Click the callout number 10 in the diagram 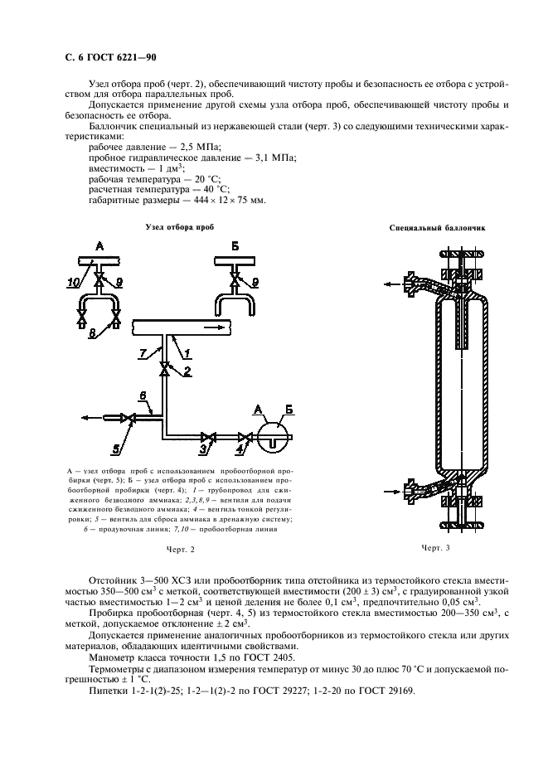pyautogui.click(x=72, y=283)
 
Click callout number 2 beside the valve pyautogui.click(x=187, y=372)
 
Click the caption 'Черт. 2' pyautogui.click(x=180, y=549)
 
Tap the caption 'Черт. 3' pyautogui.click(x=435, y=548)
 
